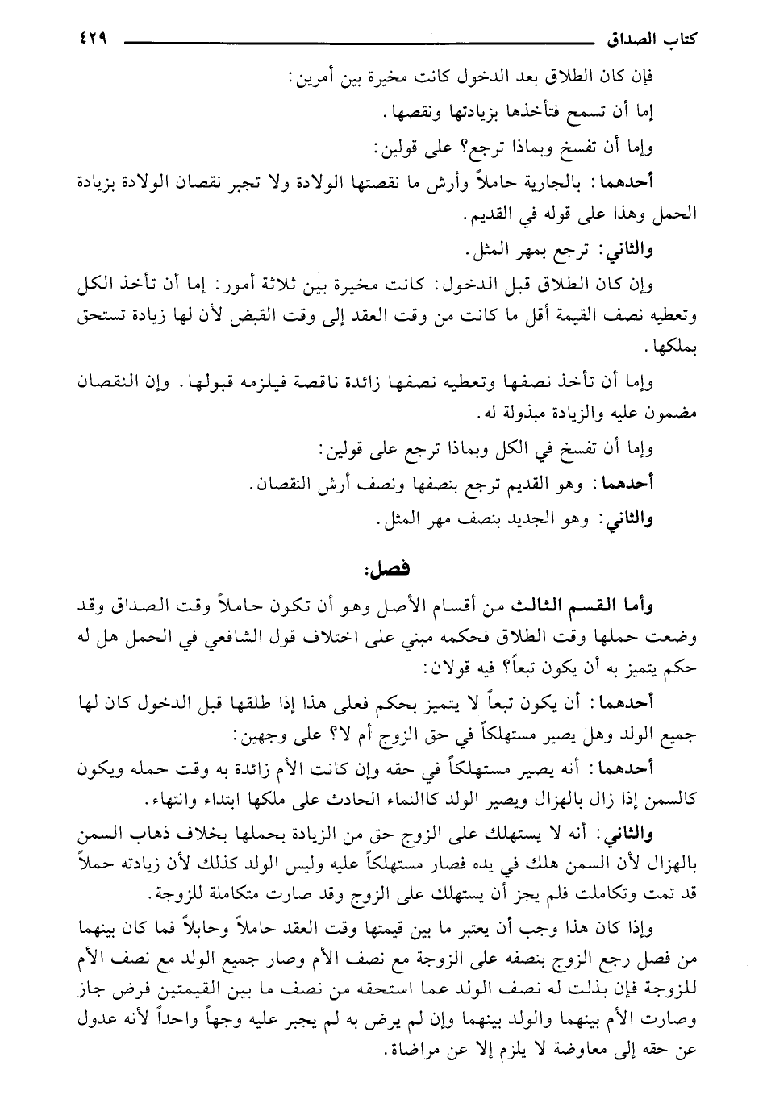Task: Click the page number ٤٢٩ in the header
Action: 92,38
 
